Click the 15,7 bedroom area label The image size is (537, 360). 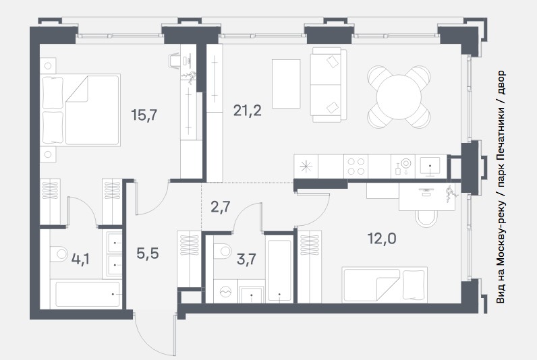click(x=144, y=115)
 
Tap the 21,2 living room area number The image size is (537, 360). click(x=248, y=111)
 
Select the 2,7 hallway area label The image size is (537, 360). click(x=221, y=207)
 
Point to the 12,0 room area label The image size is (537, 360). click(x=382, y=238)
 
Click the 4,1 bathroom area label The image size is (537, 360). click(x=80, y=259)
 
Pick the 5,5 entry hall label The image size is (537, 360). click(x=148, y=253)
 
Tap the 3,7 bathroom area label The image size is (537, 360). click(x=247, y=259)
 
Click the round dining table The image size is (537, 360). click(x=399, y=97)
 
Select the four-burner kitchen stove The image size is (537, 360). click(x=356, y=167)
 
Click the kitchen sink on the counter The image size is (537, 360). click(x=430, y=167)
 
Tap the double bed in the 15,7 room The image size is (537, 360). click(x=80, y=110)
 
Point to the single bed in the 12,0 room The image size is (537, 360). click(x=385, y=285)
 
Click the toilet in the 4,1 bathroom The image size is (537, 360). click(x=59, y=254)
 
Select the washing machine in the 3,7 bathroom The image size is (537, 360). click(x=225, y=291)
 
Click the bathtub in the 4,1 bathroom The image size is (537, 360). click(x=87, y=294)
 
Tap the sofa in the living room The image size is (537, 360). click(x=329, y=84)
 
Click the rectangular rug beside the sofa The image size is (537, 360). click(x=286, y=84)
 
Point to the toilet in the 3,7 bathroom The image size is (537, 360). click(x=223, y=251)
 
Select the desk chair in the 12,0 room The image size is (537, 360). click(x=426, y=218)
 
